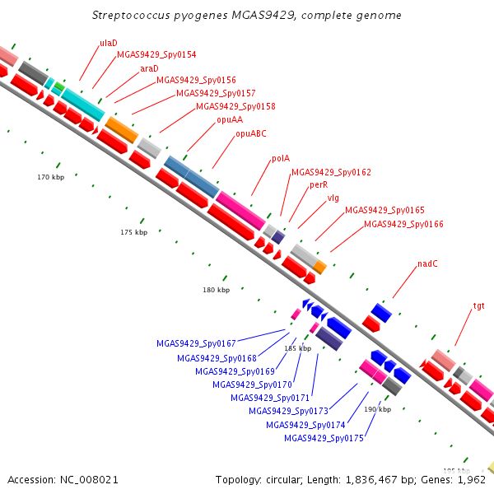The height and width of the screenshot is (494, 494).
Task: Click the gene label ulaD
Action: coord(109,43)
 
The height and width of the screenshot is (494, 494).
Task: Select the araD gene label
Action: coord(149,68)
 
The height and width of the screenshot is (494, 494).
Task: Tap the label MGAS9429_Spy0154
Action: coord(156,55)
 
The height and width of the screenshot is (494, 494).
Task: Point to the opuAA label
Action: coord(230,119)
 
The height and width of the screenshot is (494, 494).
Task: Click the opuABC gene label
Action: coord(251,133)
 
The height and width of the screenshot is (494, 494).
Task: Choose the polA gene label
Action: coord(281,158)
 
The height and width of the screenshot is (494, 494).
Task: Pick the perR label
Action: coord(319,185)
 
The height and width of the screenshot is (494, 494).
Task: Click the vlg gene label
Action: coord(333,198)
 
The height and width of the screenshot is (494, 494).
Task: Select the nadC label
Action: coord(427,263)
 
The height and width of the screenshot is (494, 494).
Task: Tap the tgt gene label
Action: coord(479,306)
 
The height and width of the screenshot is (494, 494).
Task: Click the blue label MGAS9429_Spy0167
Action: coord(196,343)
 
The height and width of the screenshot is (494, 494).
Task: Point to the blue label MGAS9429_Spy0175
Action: coord(324,438)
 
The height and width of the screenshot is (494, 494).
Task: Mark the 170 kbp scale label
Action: coord(51,177)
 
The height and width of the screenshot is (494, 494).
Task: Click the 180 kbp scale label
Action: coord(216,290)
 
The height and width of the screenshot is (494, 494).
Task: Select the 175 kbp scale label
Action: coord(134,232)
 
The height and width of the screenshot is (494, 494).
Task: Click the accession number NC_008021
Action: coord(89,480)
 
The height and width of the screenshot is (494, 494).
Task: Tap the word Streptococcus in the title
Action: coord(131,16)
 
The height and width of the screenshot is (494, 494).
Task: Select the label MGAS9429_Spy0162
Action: coord(332,172)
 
